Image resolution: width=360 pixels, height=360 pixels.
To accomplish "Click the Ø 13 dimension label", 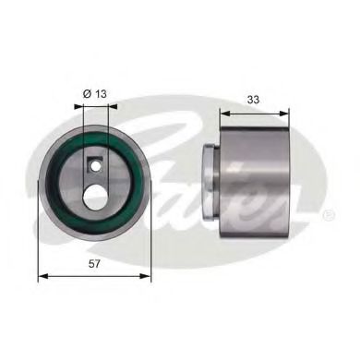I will pos(95,93).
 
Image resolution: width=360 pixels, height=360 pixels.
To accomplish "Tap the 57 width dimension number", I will pos(94,263).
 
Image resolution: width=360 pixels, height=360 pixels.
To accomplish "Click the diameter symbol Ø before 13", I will pos(86,93).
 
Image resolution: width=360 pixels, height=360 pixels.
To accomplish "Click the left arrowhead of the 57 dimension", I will pos(41,274).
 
